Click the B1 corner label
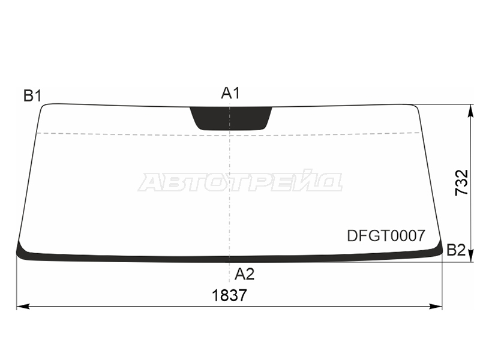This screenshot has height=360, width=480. pos(32,96)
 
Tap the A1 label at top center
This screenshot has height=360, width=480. pos(230,93)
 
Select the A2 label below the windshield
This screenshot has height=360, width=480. pos(244,274)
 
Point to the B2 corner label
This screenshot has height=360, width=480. pos(456,250)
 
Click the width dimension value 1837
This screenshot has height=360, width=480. pos(229,296)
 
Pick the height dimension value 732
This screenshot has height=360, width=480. pos(461,182)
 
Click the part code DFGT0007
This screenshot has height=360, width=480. pos(386,236)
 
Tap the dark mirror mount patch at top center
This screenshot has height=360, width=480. pos(231,118)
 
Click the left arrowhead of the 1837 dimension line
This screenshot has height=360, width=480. pos(23,306)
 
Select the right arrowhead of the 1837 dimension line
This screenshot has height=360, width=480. pos(436,306)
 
